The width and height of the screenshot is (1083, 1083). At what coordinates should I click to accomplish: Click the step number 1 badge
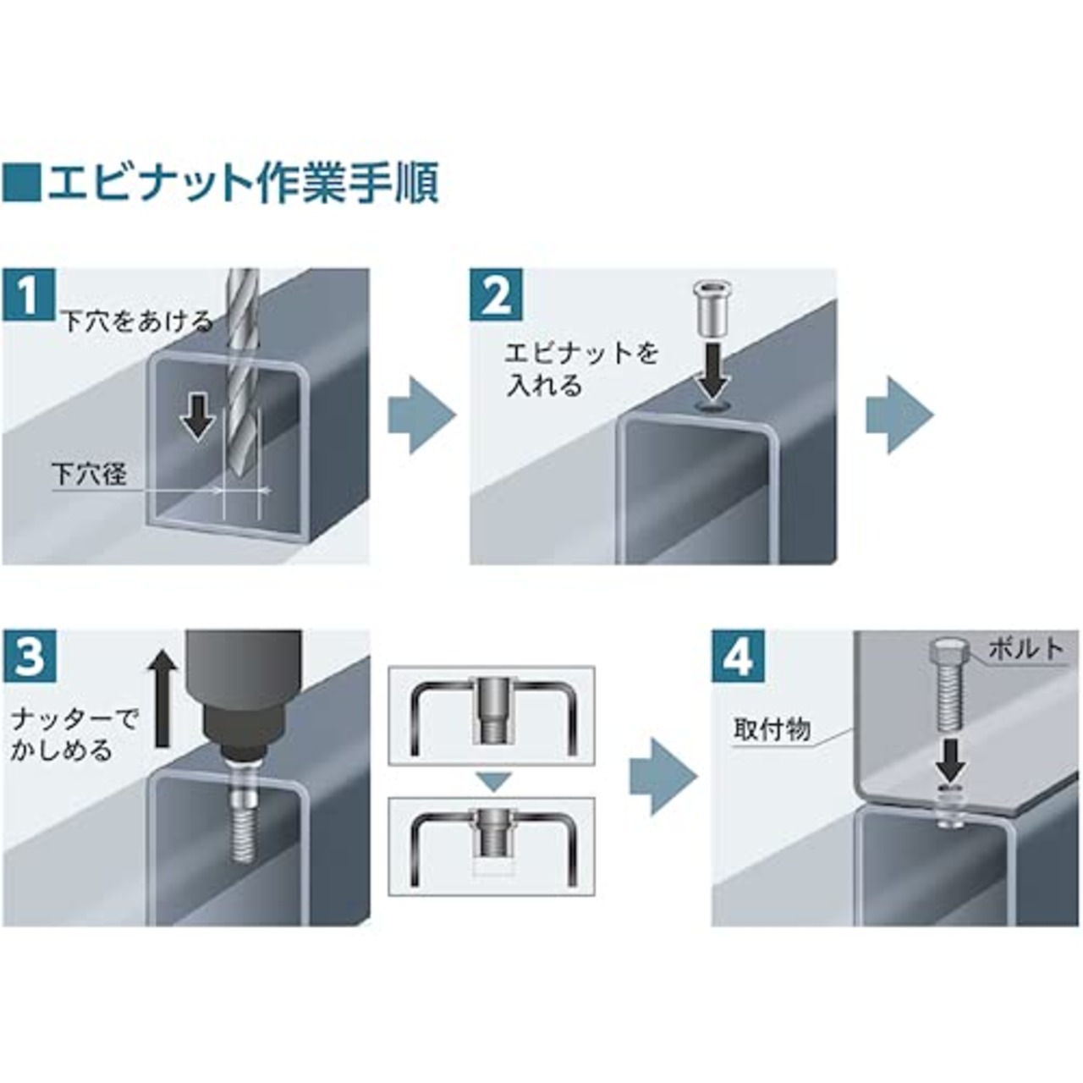(x=29, y=294)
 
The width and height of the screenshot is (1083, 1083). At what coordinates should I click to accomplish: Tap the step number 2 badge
(x=497, y=294)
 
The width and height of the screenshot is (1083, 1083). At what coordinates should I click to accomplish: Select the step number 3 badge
(x=29, y=657)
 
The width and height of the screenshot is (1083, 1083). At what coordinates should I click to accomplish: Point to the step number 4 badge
(x=738, y=657)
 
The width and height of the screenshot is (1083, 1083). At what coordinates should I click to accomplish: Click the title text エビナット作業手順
(x=242, y=184)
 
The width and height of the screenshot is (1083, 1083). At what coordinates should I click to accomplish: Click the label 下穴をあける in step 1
(x=135, y=322)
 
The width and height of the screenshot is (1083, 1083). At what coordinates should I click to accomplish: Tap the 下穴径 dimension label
(x=89, y=474)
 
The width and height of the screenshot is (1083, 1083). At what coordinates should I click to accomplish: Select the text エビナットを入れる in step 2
(x=581, y=369)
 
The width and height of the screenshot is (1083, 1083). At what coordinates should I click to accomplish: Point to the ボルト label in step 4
(x=1025, y=648)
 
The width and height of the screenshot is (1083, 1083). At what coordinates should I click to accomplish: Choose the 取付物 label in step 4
(x=772, y=729)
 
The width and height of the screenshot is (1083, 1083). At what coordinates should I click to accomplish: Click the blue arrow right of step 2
(x=899, y=415)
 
